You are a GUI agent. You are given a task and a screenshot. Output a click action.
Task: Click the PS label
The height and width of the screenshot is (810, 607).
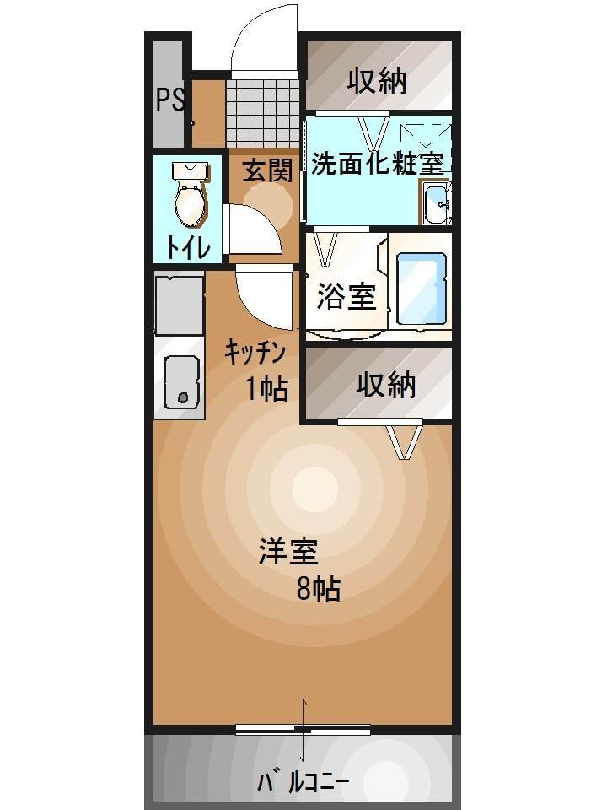[x=169, y=100]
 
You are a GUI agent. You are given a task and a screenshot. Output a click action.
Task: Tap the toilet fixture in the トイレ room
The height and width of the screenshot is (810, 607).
[x=189, y=193]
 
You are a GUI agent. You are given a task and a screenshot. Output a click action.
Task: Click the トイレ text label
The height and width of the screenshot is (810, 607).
[x=188, y=246]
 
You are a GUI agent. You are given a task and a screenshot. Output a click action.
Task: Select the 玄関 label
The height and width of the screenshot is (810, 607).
[x=268, y=171]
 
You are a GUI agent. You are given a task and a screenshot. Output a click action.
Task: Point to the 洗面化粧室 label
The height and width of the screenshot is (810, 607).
[x=377, y=164]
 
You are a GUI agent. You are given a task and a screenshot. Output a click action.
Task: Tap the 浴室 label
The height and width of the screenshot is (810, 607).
[x=346, y=296]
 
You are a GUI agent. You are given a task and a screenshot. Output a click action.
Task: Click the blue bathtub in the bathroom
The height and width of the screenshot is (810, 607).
[x=420, y=289]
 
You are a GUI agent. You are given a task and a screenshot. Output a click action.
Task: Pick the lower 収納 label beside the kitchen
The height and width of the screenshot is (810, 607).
[x=385, y=385]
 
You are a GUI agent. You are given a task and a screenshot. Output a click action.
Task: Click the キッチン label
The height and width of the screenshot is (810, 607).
[x=256, y=353]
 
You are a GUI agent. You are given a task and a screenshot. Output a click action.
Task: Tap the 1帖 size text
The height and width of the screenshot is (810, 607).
[x=267, y=389]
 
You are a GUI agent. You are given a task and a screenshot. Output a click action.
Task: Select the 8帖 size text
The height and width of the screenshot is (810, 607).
[x=318, y=590]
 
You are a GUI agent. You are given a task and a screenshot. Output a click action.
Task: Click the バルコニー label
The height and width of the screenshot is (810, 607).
[x=303, y=781]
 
